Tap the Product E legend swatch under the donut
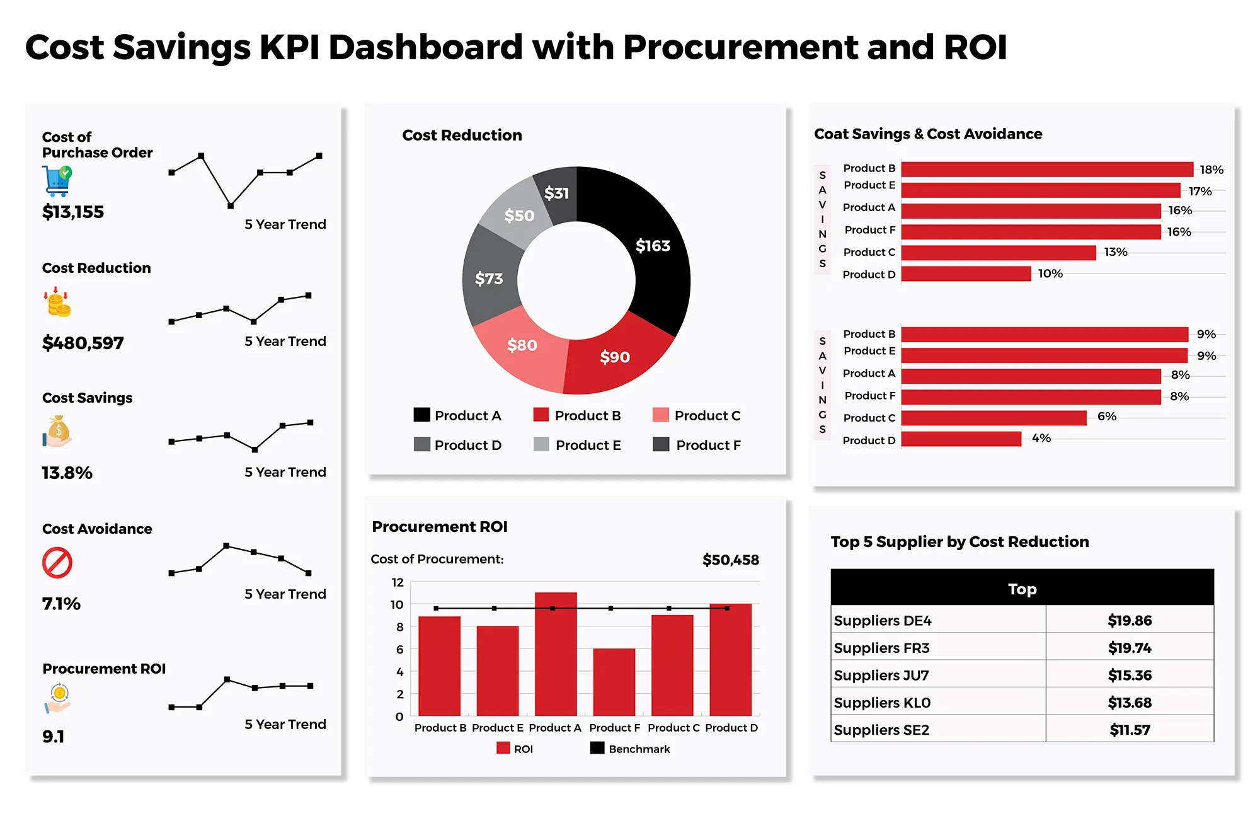(541, 444)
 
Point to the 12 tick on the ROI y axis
(398, 582)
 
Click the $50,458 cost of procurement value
(730, 560)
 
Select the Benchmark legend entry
(630, 749)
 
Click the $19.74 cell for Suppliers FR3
(1129, 648)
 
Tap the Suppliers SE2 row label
(881, 730)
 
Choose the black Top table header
(1022, 589)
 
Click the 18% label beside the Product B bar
(1211, 170)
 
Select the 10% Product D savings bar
(966, 273)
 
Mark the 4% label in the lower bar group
(1041, 438)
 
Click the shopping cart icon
(57, 181)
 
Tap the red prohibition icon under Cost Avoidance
(57, 563)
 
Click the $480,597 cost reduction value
(83, 343)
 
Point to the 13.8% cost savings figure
(67, 473)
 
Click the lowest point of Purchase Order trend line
(231, 205)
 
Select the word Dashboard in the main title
(425, 47)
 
